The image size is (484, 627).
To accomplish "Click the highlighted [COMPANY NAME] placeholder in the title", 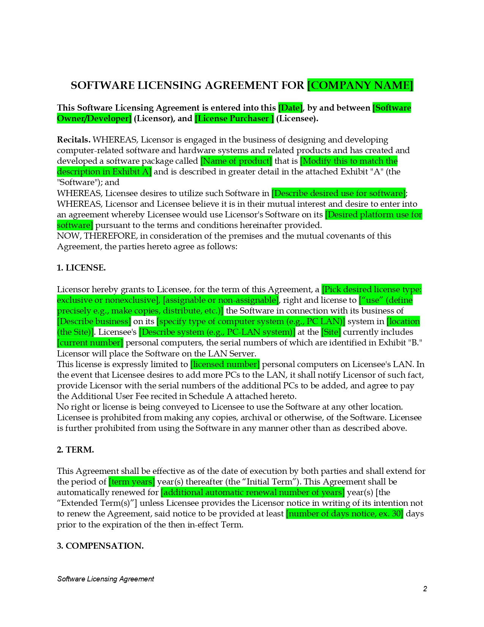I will point(360,85).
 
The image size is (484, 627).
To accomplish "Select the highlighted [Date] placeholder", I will point(290,108).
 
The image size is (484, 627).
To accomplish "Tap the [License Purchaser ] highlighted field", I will point(234,119).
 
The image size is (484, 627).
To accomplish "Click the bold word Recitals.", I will point(74,140).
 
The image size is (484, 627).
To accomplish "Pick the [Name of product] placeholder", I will point(236,161).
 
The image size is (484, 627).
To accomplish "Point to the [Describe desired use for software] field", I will point(339,193).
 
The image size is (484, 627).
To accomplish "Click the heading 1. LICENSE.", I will point(81,268).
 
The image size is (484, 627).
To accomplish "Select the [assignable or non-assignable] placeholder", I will point(221,300).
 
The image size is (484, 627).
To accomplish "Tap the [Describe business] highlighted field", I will point(94,321).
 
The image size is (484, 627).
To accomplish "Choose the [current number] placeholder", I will point(90,343).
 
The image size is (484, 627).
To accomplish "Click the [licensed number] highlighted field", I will point(225,364).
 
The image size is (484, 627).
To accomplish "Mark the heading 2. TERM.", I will point(75,450).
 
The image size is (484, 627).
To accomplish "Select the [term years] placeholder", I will point(132,482).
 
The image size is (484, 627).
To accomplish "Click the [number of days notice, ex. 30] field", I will point(344,514).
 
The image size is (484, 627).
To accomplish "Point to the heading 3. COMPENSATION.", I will point(100,546).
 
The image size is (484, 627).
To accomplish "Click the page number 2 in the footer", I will point(425,589).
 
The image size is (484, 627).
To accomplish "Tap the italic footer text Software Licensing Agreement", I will point(106,579).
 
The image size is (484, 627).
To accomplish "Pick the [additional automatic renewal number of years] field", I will point(253,492).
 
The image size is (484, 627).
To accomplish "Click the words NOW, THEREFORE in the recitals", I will point(97,236).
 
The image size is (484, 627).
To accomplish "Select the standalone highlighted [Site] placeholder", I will point(331,332).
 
